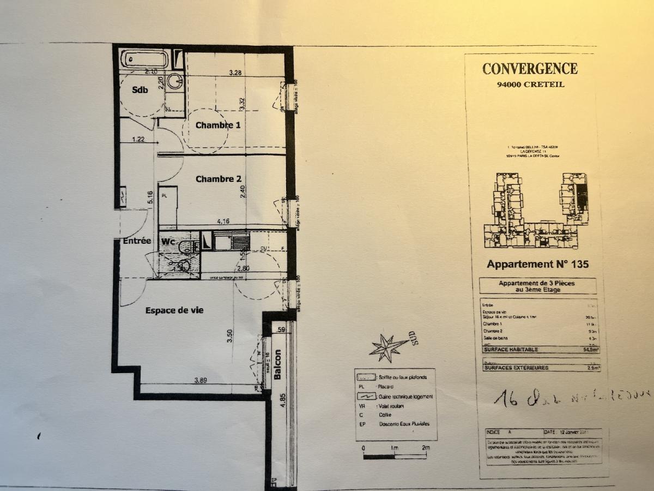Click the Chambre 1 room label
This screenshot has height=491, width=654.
tap(218, 125)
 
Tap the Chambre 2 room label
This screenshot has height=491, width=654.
tap(218, 179)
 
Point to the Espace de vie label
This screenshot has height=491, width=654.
tap(174, 310)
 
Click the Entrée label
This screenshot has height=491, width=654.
tap(136, 241)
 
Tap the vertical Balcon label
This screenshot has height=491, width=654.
tap(277, 364)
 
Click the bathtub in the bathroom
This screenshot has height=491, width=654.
tap(144, 59)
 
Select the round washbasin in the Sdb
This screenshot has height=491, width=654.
tap(175, 81)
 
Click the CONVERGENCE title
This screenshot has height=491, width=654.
tap(530, 69)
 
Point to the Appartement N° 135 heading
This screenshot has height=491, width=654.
tap(537, 265)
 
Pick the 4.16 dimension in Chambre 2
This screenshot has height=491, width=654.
tap(222, 221)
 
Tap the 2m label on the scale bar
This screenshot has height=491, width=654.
tap(426, 448)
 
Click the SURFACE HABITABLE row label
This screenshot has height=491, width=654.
tap(511, 350)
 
